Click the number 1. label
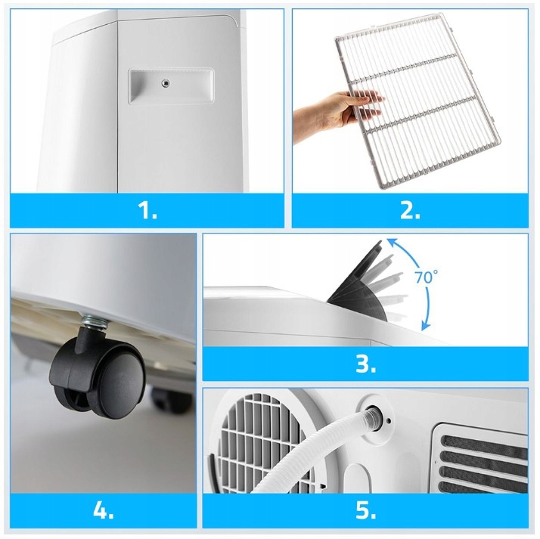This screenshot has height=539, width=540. (147, 210)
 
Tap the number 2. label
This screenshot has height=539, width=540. (410, 210)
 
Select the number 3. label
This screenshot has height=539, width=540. (365, 364)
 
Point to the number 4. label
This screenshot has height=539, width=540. (104, 510)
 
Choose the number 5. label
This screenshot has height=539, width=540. (365, 510)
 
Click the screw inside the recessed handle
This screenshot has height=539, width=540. (166, 82)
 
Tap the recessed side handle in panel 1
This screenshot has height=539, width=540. (171, 85)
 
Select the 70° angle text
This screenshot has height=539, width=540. (426, 277)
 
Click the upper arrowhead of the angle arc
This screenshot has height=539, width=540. (390, 243)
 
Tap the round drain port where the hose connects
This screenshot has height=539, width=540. (374, 417)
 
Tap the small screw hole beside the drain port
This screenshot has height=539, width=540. (389, 420)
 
